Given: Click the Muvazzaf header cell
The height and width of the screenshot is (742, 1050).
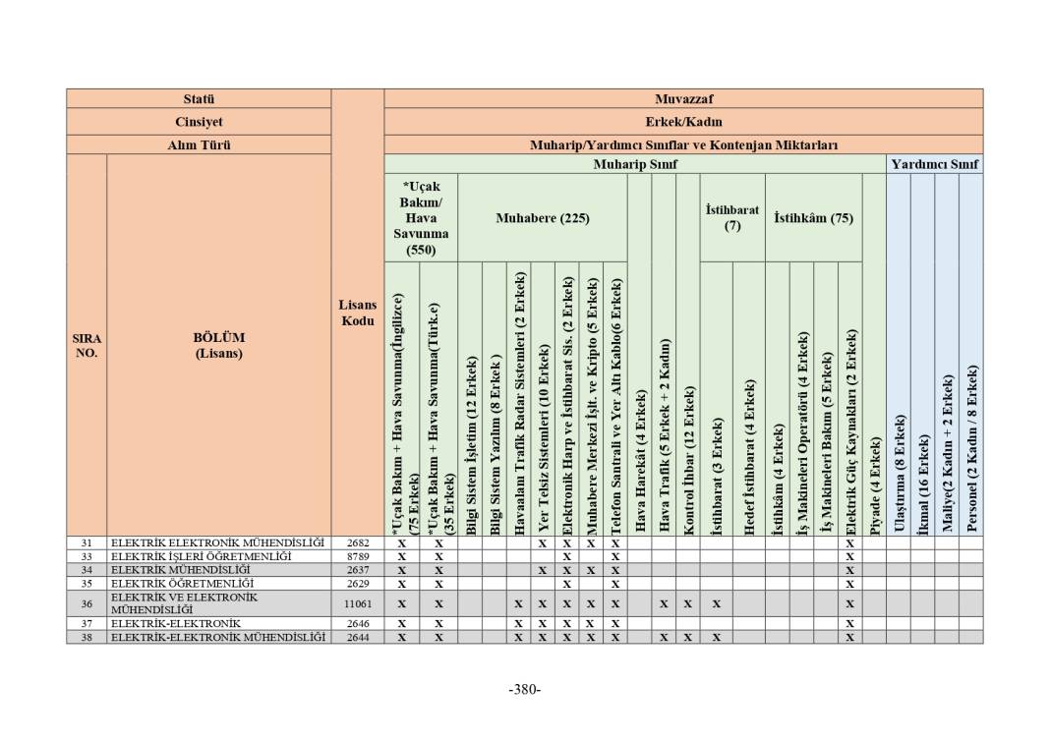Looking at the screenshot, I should [x=683, y=99].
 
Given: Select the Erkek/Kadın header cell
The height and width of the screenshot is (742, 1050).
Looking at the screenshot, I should [x=683, y=122].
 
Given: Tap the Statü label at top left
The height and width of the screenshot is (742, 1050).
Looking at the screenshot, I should [x=199, y=99].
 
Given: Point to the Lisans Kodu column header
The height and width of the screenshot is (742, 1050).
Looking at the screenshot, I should [x=357, y=314].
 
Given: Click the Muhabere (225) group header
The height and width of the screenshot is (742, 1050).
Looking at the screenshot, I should [x=543, y=218].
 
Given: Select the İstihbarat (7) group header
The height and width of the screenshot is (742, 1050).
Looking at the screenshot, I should [x=732, y=218].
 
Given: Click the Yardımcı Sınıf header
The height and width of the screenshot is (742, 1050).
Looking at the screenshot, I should [x=934, y=164].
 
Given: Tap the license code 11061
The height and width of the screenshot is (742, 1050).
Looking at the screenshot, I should [x=358, y=603].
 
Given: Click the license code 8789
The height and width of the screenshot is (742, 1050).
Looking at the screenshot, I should [x=358, y=556].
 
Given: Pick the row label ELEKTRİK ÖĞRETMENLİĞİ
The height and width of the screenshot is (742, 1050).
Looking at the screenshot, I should [x=166, y=583].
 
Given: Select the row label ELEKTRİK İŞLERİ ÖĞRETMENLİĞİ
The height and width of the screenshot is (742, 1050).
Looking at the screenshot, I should [x=201, y=556].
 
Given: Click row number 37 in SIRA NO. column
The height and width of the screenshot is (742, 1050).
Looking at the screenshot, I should [x=87, y=623].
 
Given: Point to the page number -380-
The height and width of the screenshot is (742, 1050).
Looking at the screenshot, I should [x=525, y=689].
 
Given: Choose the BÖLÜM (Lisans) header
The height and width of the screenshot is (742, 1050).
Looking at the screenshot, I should [x=218, y=345].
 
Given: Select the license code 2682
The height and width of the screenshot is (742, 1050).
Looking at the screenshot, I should [x=358, y=542].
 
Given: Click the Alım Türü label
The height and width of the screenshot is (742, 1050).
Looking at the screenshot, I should [x=199, y=144].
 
